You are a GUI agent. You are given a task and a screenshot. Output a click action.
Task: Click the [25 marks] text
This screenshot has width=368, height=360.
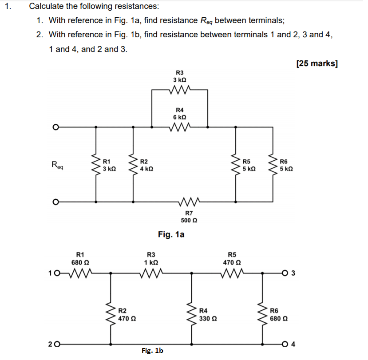(317, 63)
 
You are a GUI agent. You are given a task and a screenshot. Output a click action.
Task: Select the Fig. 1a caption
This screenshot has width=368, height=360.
(171, 234)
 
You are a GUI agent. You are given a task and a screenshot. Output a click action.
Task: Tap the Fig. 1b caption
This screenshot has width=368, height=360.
(152, 351)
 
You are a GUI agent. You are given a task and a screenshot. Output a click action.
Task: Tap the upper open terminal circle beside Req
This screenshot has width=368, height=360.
(55, 127)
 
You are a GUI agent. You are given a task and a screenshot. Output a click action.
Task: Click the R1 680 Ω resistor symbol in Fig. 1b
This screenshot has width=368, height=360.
(81, 273)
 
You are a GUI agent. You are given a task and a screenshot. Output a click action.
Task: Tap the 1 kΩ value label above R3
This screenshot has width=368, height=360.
(151, 262)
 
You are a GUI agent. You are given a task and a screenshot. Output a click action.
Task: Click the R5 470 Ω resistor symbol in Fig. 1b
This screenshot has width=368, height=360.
(232, 273)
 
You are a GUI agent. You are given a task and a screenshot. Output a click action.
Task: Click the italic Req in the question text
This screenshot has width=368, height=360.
(205, 21)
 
